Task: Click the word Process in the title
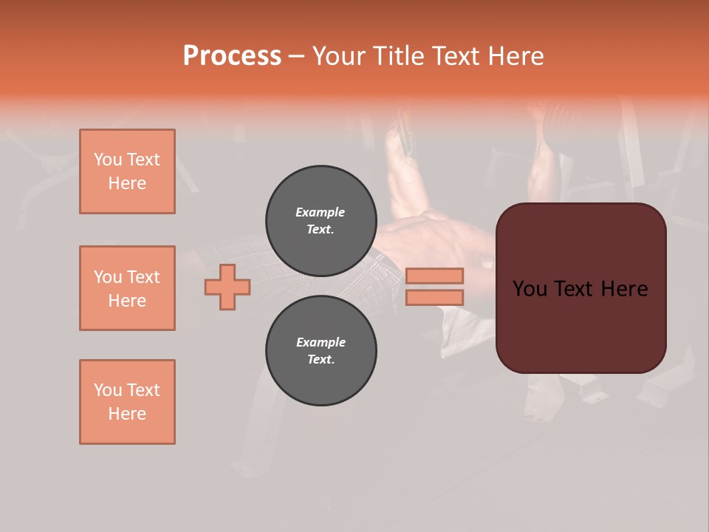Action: click(232, 56)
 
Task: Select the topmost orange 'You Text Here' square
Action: click(127, 171)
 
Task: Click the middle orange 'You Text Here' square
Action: click(127, 288)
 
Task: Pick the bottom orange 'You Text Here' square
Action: click(127, 402)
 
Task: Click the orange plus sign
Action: click(227, 287)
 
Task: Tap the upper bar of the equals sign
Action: click(434, 276)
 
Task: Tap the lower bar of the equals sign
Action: click(434, 297)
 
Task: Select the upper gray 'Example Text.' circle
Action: click(321, 221)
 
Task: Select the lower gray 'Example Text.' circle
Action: click(321, 351)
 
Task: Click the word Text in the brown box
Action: click(578, 289)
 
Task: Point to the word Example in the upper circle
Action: click(321, 212)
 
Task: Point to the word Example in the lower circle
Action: click(321, 342)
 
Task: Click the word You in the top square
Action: click(108, 160)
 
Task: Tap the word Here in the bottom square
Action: click(127, 414)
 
